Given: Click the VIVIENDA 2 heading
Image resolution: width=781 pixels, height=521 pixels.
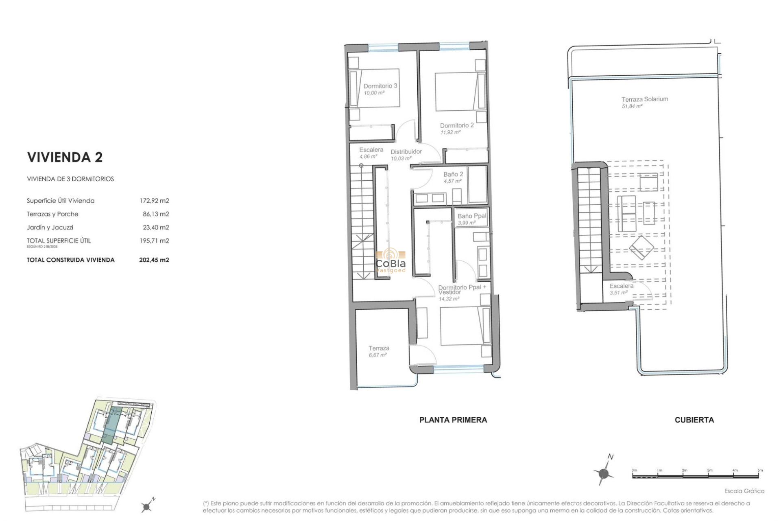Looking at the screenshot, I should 65,157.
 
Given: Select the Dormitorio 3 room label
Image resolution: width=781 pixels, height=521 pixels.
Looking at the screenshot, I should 380,86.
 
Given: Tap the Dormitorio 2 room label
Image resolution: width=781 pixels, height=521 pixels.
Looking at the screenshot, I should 456,125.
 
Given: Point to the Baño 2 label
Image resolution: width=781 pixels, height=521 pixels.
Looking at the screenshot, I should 453,174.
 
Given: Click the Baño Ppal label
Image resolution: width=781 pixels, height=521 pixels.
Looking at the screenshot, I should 471,216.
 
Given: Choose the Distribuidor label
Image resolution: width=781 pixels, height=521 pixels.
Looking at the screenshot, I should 406,152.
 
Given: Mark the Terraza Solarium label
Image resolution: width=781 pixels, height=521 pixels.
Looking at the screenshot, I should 644,99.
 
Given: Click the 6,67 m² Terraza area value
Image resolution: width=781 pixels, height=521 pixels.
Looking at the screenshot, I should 377,355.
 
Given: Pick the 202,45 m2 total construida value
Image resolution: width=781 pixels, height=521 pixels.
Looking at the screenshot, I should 154,260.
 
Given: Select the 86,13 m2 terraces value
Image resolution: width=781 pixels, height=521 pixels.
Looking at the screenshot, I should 156,214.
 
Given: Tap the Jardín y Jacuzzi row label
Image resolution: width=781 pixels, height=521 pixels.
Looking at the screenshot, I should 50,227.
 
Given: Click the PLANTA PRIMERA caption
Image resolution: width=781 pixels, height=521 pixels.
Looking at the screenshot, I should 453,420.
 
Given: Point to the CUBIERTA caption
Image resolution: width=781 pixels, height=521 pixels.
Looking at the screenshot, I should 694,420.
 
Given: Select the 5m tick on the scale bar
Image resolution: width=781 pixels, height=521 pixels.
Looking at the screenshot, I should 760,471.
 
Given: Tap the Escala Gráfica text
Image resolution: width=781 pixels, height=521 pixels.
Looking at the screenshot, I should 744,491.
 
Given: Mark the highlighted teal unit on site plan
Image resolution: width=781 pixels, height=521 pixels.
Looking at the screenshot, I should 109,425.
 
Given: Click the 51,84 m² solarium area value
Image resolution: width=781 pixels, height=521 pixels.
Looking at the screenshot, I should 632,106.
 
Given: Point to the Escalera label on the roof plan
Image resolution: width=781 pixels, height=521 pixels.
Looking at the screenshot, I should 621,286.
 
